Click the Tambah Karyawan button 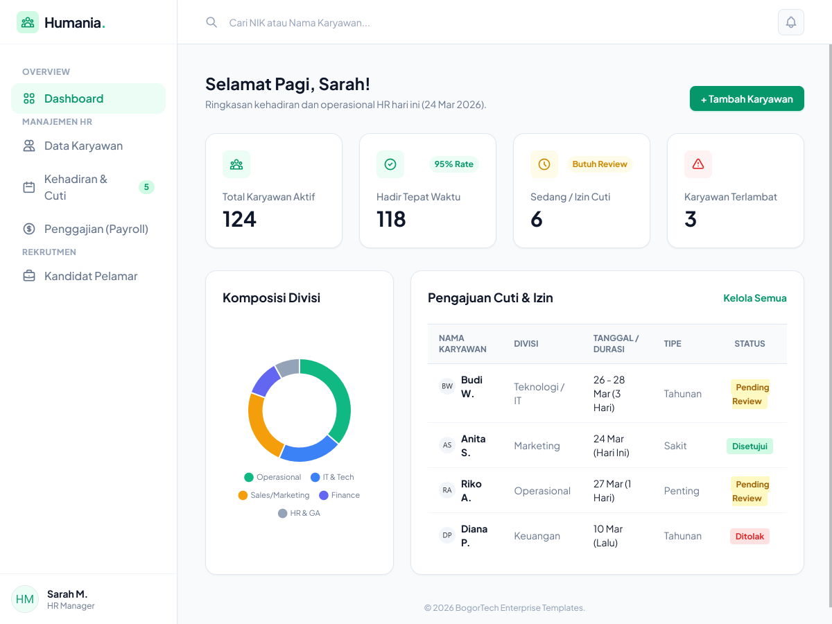(x=747, y=98)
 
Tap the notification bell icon (x=790, y=22)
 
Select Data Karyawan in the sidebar (x=83, y=146)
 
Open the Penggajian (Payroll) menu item (x=96, y=229)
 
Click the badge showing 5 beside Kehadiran (x=146, y=187)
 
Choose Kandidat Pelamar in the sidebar (x=90, y=276)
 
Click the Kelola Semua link (x=754, y=298)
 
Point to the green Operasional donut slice (x=337, y=395)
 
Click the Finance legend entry (x=339, y=495)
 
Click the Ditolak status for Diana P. (x=749, y=536)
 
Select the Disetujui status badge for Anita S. (x=749, y=446)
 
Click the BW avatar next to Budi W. (x=447, y=386)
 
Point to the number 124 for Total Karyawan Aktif (x=239, y=219)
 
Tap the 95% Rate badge (x=453, y=164)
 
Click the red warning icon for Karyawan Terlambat (x=697, y=164)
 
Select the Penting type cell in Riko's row (x=682, y=491)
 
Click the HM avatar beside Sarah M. (x=25, y=599)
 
